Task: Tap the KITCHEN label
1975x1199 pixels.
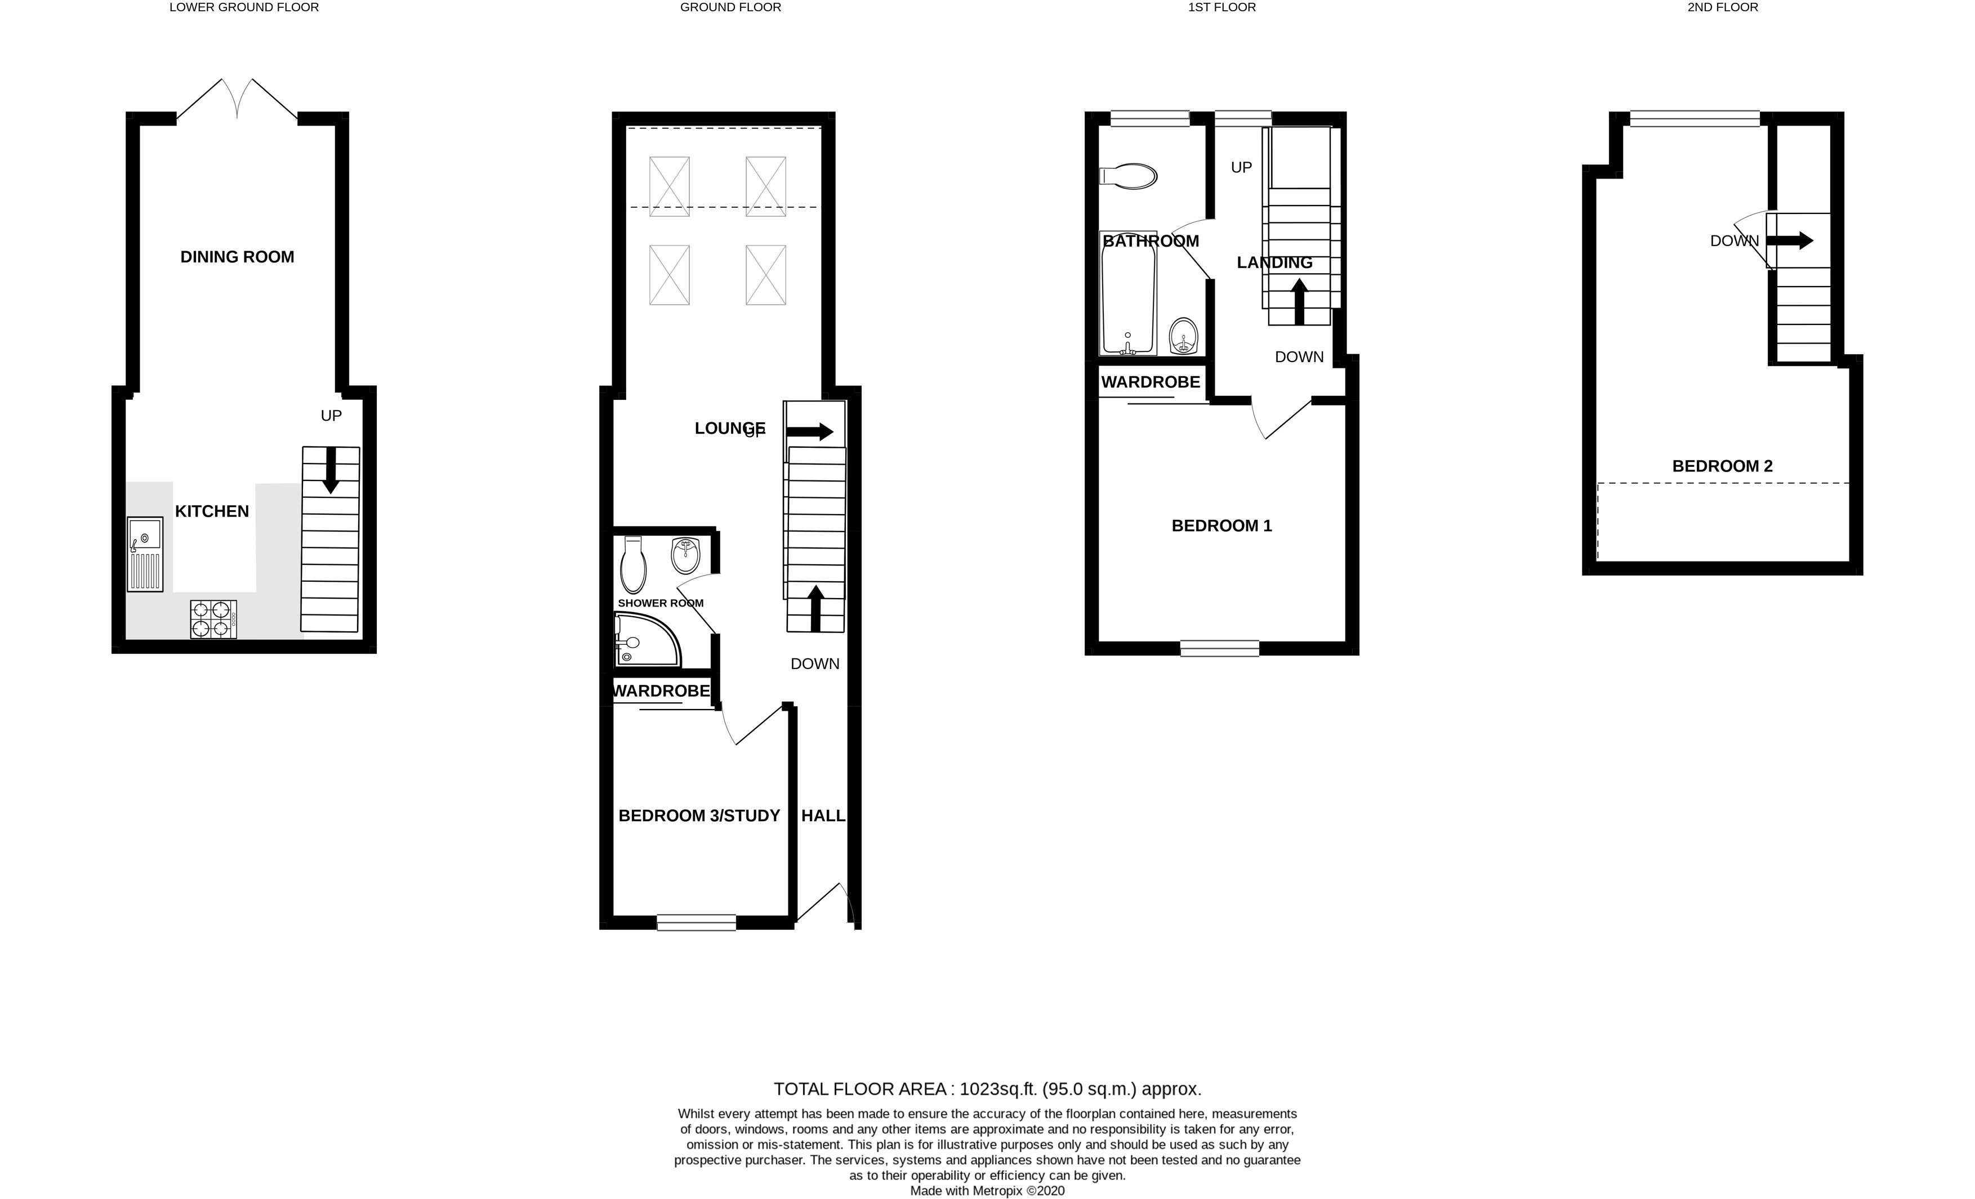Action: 212,511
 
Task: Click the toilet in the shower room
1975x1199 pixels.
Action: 633,565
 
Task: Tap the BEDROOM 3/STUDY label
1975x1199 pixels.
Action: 699,816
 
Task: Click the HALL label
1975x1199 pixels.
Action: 823,816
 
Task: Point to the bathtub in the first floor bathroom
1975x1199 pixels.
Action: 1128,301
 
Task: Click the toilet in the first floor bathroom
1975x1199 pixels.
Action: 1129,176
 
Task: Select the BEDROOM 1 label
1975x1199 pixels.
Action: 1221,526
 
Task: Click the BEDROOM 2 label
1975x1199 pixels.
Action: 1722,466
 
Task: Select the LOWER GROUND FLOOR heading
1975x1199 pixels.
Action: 244,7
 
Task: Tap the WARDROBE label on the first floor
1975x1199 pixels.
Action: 1150,382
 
